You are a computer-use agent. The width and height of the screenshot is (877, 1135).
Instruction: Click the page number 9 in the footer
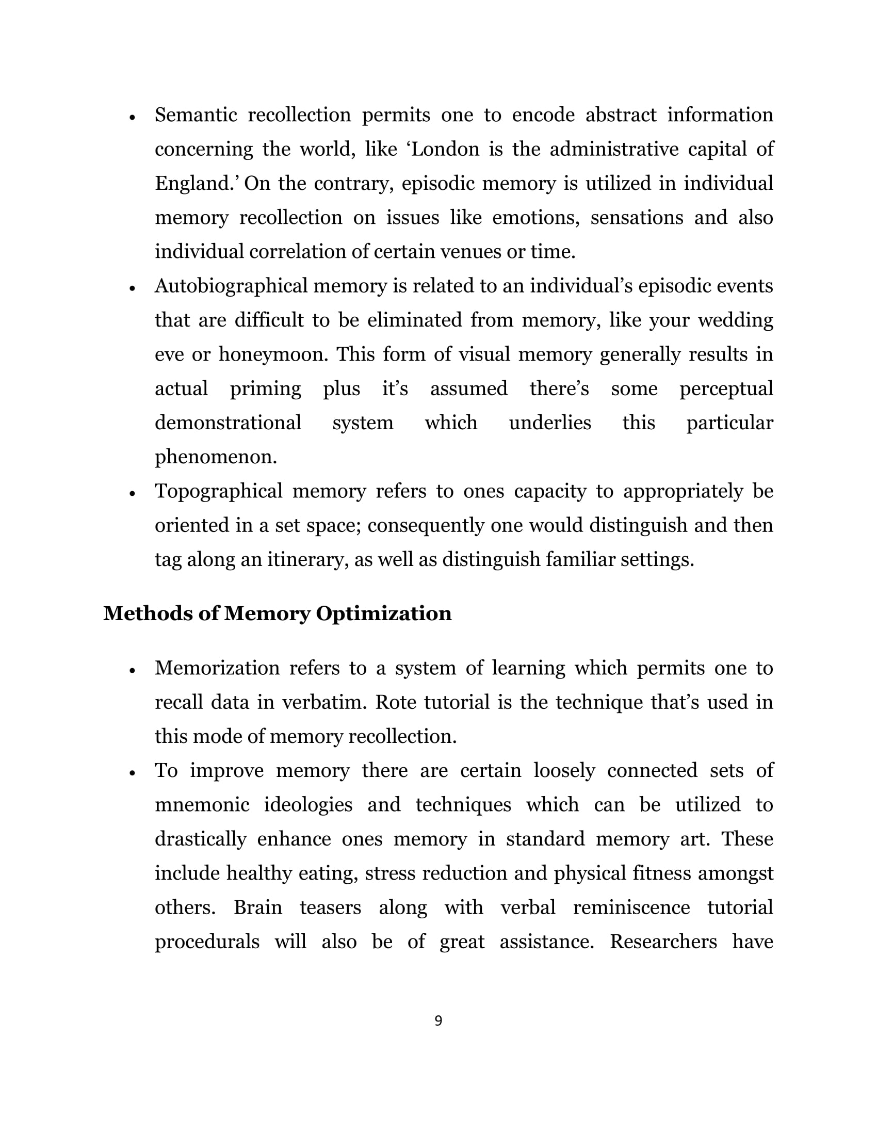pos(438,1020)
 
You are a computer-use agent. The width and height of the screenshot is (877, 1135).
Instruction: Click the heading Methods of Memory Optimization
pos(278,613)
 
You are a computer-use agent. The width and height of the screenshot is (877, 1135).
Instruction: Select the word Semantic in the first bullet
pos(196,115)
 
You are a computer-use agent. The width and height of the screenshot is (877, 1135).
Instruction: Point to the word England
pos(194,184)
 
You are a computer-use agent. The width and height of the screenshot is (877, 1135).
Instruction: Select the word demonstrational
pos(228,423)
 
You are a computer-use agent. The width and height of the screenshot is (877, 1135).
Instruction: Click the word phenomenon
pos(216,457)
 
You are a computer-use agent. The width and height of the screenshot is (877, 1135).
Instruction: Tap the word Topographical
pos(218,491)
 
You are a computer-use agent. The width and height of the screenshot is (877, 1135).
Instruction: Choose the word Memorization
pos(217,668)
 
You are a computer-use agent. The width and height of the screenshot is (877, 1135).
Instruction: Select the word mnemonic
pos(202,804)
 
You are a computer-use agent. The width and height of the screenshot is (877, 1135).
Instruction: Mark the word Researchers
pos(663,942)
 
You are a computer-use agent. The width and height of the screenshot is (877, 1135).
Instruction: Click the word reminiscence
pos(631,907)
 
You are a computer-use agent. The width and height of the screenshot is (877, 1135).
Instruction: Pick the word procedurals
pos(207,942)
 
